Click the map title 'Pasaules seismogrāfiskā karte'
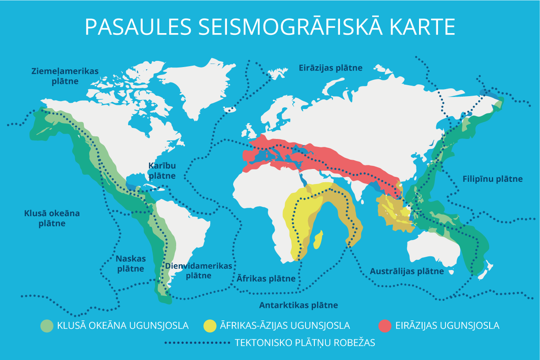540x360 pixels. [270, 27]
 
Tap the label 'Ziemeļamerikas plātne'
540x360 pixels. [65, 76]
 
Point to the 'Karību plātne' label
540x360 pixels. [162, 170]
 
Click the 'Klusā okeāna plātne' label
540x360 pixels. [52, 218]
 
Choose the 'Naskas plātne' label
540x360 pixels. [131, 263]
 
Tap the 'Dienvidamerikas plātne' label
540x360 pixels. [198, 271]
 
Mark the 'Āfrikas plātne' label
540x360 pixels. [266, 278]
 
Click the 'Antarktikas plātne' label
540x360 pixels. [298, 305]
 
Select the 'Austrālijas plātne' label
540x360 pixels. [407, 271]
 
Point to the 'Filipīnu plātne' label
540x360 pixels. [493, 179]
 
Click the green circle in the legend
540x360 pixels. [46, 326]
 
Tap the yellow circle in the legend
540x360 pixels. [209, 326]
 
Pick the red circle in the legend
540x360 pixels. [385, 326]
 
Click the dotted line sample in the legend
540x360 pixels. [197, 343]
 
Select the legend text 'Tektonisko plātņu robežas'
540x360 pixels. [305, 343]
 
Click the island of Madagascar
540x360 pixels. [317, 239]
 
